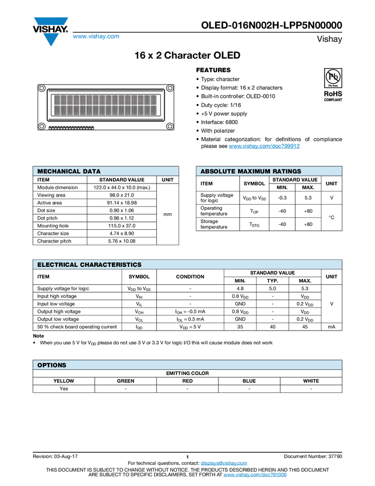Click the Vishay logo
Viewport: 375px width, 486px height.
click(50, 31)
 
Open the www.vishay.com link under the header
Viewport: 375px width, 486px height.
click(96, 36)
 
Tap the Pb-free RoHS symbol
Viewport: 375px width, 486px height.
click(333, 78)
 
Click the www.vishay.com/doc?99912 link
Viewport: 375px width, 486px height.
click(264, 146)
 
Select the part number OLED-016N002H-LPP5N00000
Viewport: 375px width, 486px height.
click(271, 25)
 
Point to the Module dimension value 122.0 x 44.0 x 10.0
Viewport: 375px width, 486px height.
click(122, 187)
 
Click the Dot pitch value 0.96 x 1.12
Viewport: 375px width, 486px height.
click(122, 218)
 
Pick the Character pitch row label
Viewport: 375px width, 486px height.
click(54, 241)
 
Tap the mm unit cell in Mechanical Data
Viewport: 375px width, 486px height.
click(167, 214)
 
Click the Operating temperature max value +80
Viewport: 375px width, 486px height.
click(308, 211)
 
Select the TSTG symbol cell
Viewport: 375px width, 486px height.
click(255, 224)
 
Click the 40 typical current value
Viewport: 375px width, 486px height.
click(272, 326)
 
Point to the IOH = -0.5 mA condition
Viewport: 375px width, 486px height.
click(190, 312)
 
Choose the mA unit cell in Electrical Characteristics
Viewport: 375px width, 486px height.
click(332, 326)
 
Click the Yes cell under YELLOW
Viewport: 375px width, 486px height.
click(64, 388)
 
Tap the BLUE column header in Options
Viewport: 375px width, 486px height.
click(249, 381)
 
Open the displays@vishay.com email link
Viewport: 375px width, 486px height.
click(224, 463)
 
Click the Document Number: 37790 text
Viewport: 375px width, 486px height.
click(313, 456)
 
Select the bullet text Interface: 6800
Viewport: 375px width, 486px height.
click(219, 122)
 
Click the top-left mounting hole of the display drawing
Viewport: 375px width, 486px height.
click(42, 88)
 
